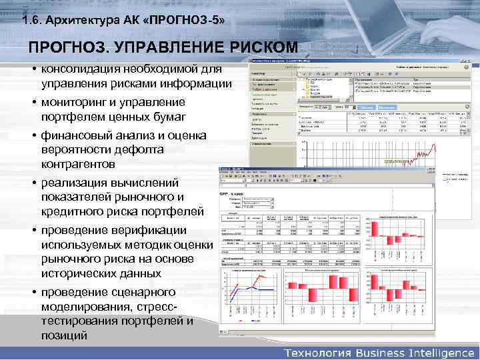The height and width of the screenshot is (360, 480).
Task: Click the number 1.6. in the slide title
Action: pyautogui.click(x=31, y=21)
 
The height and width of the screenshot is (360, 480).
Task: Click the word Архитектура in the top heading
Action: pyautogui.click(x=80, y=21)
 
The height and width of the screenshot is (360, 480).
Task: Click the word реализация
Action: pyautogui.click(x=76, y=183)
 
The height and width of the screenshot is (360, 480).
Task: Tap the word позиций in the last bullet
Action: pyautogui.click(x=64, y=335)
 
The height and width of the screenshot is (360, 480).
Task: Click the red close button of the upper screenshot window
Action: pyautogui.click(x=467, y=61)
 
